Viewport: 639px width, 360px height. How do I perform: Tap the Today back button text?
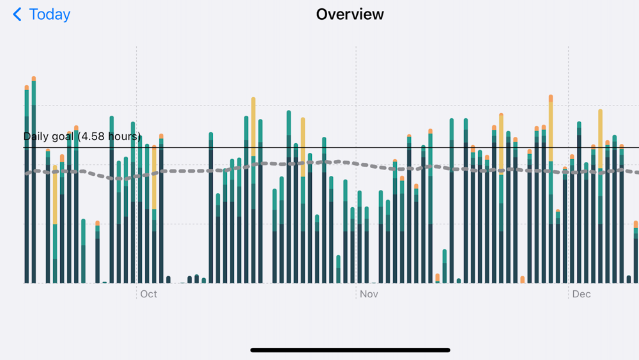49,15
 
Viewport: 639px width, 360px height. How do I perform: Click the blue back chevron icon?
17,15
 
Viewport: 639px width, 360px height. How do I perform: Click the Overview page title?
350,14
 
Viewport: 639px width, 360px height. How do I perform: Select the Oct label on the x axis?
148,294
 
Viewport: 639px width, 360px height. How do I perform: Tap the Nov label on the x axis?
369,294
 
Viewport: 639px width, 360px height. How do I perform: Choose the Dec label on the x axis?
581,294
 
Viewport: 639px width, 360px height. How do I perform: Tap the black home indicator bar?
350,350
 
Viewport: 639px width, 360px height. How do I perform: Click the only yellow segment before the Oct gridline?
55,195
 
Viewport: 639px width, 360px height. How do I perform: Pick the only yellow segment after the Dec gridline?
600,137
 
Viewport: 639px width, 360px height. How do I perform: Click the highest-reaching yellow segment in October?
253,127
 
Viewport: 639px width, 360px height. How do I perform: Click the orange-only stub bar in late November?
522,279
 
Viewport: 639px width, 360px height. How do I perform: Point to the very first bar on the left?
26,185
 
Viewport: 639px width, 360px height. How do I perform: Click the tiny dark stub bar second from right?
628,279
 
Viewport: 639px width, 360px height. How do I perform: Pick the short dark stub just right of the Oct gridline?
168,279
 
